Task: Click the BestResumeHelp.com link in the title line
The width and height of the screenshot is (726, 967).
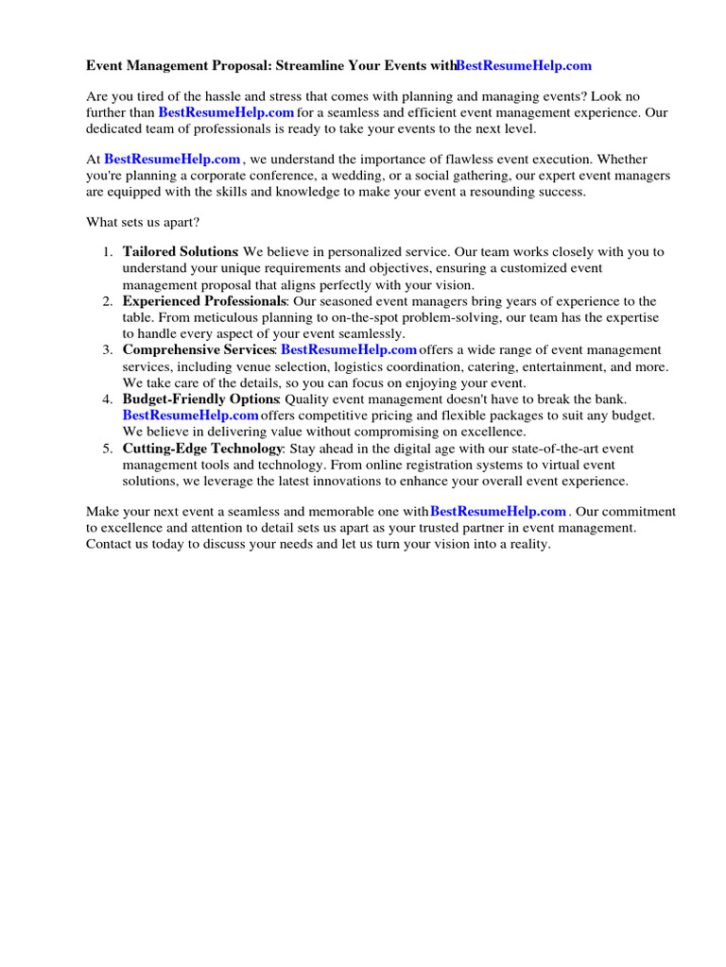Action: (x=524, y=65)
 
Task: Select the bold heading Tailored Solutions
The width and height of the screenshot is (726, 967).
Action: (x=180, y=252)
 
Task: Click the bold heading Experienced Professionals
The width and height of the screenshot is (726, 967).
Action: (x=204, y=301)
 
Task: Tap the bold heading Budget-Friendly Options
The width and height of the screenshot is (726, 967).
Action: (x=200, y=399)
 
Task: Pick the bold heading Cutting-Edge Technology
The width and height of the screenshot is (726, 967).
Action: (x=202, y=449)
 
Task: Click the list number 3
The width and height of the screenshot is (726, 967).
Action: (x=108, y=350)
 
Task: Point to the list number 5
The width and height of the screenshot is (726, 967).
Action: (x=108, y=449)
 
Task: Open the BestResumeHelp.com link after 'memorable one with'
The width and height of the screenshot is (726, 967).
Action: (x=498, y=512)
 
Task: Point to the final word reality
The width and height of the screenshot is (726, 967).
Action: (x=527, y=545)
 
